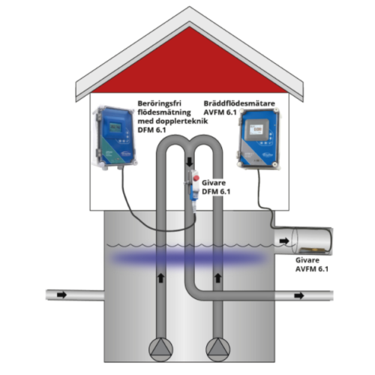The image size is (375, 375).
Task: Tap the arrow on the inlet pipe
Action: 61,295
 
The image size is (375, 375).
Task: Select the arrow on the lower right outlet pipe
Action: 299,295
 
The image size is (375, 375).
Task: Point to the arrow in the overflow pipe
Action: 284,241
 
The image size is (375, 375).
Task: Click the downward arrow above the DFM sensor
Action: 190,162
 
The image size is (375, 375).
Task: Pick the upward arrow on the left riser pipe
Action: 161,277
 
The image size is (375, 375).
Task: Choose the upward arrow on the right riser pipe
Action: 218,277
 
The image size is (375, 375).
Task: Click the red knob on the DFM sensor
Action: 196,178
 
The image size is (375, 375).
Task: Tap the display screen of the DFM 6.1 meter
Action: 115,127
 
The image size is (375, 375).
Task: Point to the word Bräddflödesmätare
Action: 239,103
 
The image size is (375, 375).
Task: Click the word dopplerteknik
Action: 182,121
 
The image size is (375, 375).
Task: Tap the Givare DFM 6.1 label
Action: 216,187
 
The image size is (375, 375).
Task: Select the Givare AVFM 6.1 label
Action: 312,265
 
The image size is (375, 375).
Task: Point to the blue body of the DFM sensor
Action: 192,192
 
